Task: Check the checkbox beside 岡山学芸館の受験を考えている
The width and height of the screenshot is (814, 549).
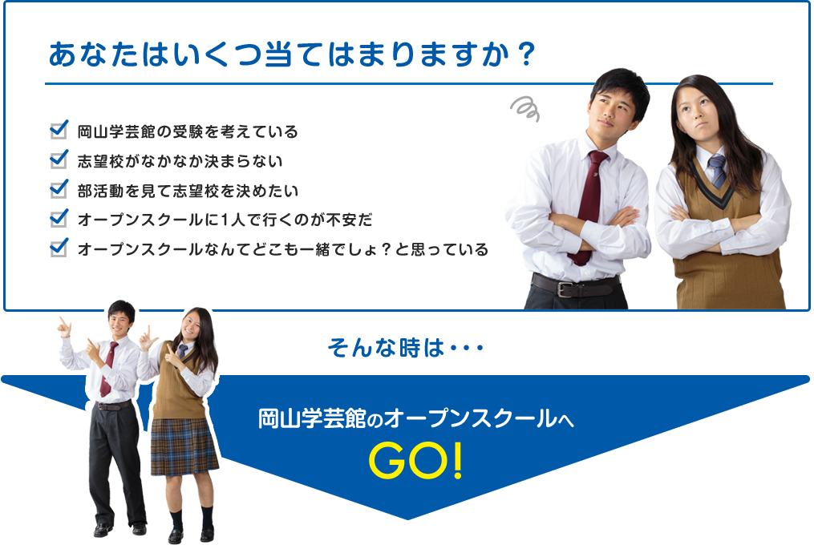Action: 59,130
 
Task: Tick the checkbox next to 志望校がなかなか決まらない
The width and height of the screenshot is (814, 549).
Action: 59,159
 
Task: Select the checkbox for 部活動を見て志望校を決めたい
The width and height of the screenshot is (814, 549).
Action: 59,189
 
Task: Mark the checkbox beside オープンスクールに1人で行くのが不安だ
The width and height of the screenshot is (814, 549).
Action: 59,218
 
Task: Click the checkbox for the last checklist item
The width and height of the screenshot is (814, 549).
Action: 59,248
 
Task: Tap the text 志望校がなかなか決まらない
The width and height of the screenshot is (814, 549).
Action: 180,161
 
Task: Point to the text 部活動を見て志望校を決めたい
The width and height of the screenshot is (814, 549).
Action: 188,191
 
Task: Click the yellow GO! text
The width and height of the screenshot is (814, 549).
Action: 415,462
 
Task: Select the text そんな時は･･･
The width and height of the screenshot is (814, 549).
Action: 406,348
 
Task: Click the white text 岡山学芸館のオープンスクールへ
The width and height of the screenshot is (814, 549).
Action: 416,418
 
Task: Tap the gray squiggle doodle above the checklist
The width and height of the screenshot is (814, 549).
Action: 524,109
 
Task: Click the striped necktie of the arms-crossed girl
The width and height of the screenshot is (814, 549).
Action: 718,171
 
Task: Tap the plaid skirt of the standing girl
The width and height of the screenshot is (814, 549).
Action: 184,446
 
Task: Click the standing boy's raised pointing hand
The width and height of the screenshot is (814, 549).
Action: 64,327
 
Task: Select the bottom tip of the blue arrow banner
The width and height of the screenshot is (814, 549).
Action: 408,519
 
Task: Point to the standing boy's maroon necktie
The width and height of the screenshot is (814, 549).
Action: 108,369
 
